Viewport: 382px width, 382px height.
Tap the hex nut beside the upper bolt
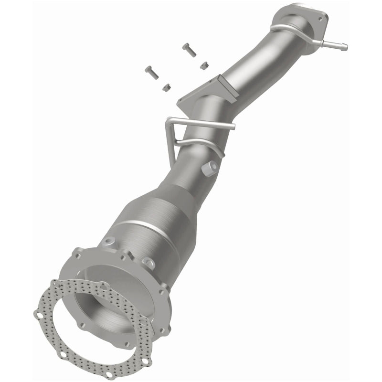pos(204,65)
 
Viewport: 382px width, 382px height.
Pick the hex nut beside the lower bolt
pos(167,87)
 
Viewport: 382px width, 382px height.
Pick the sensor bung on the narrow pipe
pos(210,167)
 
